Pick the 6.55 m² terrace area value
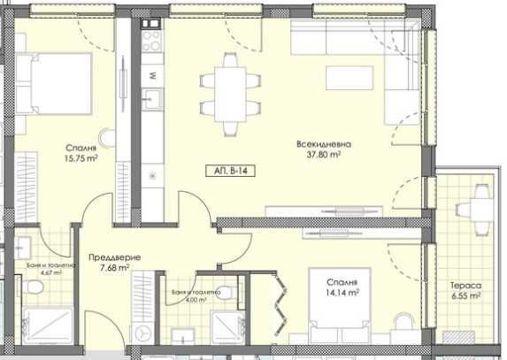click(465, 297)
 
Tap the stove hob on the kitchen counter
click(151, 40)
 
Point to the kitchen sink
click(152, 96)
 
